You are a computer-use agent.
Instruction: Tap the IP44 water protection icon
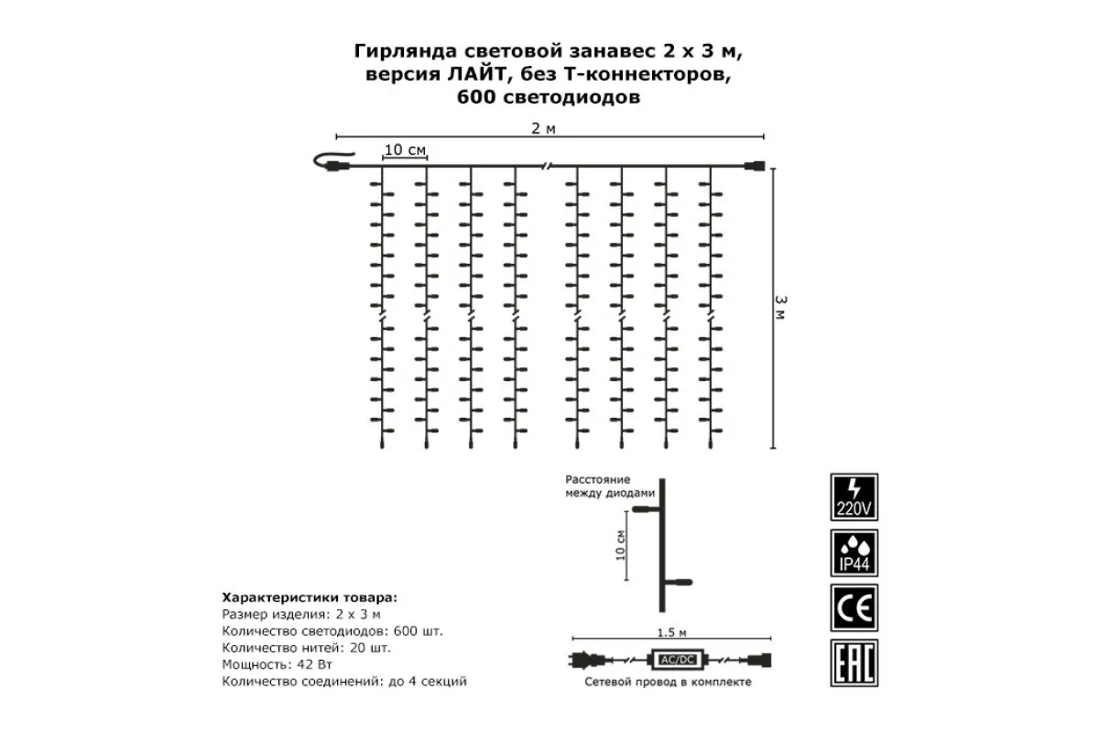tap(854, 552)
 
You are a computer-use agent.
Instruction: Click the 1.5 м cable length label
tap(671, 631)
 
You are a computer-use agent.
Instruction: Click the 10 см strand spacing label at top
tap(404, 149)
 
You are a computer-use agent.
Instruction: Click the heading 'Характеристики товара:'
tap(310, 596)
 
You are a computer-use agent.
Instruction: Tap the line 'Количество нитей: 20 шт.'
tap(306, 648)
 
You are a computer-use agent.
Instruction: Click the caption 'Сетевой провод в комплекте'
tap(670, 683)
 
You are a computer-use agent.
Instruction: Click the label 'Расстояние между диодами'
tap(611, 486)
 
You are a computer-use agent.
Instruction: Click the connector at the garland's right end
tap(756, 167)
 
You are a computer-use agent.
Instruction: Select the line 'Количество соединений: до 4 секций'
tap(344, 682)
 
